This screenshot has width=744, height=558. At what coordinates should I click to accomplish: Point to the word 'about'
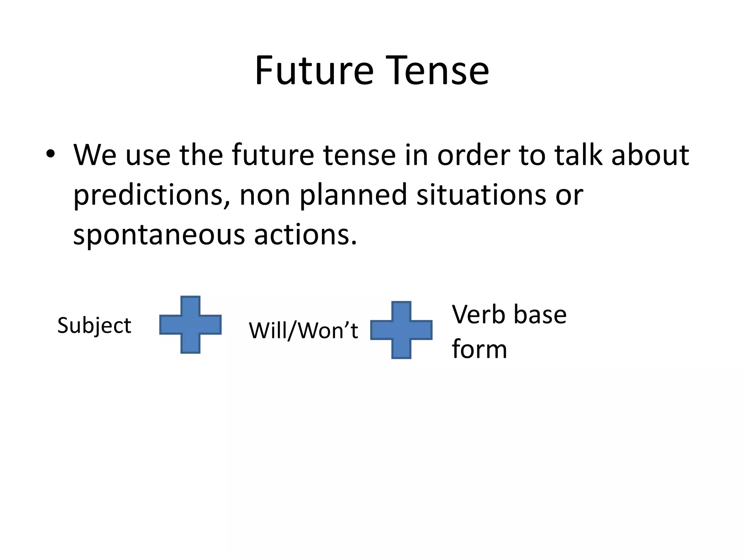click(x=650, y=155)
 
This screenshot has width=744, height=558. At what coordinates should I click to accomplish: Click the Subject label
click(x=94, y=325)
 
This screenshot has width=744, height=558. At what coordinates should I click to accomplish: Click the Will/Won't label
click(x=303, y=331)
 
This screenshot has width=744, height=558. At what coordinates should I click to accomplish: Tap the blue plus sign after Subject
click(x=190, y=324)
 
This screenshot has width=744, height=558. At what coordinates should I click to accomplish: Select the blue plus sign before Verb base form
click(x=401, y=330)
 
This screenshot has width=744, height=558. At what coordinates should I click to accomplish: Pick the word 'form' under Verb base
click(x=479, y=349)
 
